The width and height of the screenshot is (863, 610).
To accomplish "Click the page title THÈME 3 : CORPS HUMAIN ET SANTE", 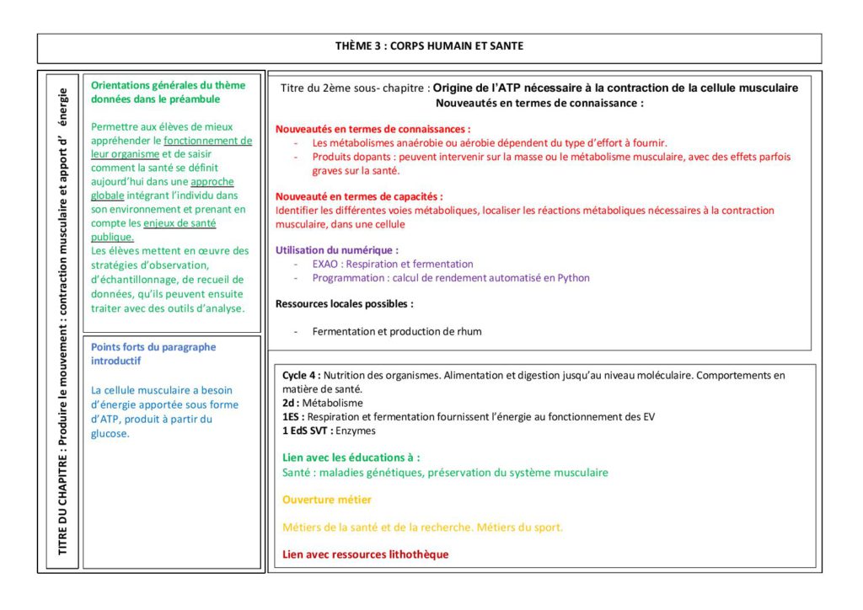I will [x=429, y=46].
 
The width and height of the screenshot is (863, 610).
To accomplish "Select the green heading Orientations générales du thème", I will [x=169, y=85].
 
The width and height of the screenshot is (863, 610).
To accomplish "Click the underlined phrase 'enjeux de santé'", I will [x=180, y=223].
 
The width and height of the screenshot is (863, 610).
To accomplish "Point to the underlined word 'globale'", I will [x=109, y=195].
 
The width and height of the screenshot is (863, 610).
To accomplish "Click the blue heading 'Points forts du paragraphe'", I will [x=153, y=347].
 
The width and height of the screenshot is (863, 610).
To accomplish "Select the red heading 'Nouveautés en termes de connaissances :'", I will [x=373, y=130].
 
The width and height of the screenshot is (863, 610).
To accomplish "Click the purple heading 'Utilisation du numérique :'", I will [x=337, y=250].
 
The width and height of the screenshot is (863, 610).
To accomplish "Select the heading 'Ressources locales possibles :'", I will [x=345, y=303].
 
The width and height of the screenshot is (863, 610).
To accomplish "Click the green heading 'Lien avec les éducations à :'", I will [x=351, y=457].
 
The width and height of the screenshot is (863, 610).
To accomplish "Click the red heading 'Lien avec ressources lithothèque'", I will [x=365, y=554].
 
